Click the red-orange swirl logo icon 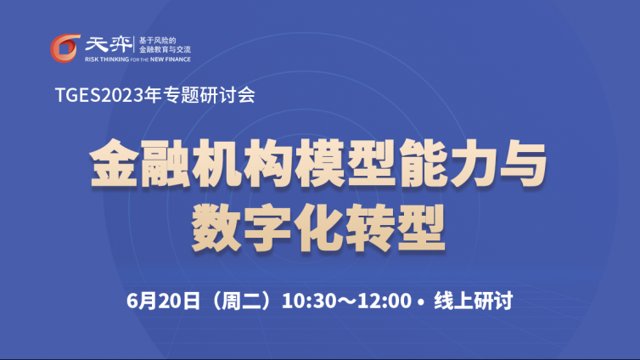tap(65, 48)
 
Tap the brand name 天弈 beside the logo tap(109, 44)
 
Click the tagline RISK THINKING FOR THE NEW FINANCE tap(138, 59)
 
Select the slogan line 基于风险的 tap(157, 41)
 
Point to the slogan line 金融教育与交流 tap(165, 49)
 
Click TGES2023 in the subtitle tap(99, 95)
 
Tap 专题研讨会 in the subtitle tap(210, 95)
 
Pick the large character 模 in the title tap(320, 163)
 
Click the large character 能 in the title tap(424, 163)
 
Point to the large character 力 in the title tap(474, 163)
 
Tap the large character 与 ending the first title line tap(524, 163)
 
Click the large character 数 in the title tap(216, 228)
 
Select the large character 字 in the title tap(267, 228)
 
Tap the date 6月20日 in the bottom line tap(163, 301)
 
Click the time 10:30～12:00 tap(346, 301)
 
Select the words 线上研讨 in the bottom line tap(474, 301)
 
